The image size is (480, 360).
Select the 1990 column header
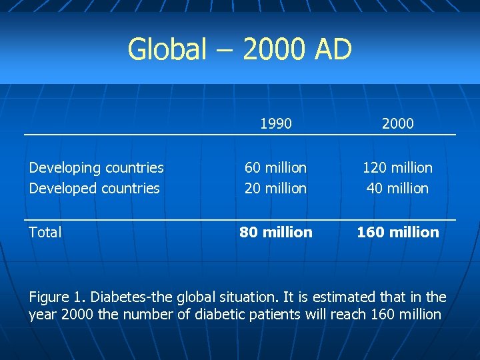tap(276, 123)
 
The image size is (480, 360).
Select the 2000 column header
tap(397, 123)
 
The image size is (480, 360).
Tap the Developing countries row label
tap(96, 167)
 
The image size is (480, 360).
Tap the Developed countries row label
tap(94, 188)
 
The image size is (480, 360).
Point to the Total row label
tap(45, 232)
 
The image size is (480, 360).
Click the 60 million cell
tap(276, 167)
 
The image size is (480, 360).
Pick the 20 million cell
tap(276, 188)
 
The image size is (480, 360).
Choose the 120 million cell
tap(397, 167)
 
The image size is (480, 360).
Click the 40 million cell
tap(397, 188)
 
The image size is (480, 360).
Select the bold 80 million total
tap(276, 232)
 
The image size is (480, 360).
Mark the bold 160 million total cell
tap(397, 232)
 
